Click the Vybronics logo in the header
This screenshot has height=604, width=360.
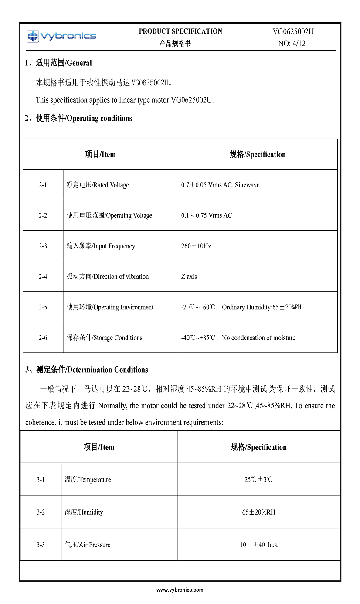pos(61,36)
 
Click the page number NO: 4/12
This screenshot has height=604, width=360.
pos(292,44)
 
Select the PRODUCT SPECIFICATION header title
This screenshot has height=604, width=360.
pos(180,31)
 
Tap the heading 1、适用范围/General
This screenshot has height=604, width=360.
pos(58,63)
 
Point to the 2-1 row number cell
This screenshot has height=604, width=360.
pos(43,185)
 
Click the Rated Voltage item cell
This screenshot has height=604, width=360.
pos(98,185)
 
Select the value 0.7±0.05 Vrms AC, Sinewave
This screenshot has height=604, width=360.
pos(220,185)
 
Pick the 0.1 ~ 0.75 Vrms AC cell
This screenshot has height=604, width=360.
pos(207,215)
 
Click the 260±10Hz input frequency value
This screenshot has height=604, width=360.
pos(196,246)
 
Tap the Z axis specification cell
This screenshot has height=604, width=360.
pos(189,276)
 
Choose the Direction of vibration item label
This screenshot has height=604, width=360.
pos(108,276)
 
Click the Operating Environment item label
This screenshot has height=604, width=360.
pos(110,307)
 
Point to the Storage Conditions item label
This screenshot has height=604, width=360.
pos(104,338)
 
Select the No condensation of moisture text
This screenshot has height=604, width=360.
pos(258,338)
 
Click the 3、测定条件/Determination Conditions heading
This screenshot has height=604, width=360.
pos(86,370)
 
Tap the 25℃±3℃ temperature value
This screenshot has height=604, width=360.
pos(258,479)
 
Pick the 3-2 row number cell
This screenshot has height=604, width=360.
pos(41,512)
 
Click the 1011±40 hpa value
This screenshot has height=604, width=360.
pos(258,545)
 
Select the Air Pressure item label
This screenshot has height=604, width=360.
pos(88,545)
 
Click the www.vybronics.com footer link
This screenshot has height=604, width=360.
pos(180,590)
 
